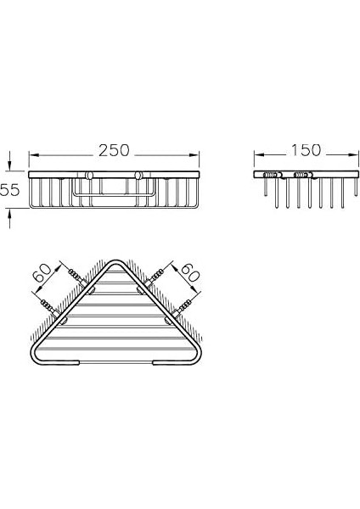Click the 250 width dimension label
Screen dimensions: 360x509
pos(114,150)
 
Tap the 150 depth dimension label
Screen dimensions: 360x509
pos(306,150)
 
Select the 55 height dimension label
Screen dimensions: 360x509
pos(9,189)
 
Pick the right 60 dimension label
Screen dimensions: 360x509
pos(190,277)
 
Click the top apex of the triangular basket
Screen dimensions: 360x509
pos(115,260)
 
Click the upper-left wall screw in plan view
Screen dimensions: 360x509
pos(78,276)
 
